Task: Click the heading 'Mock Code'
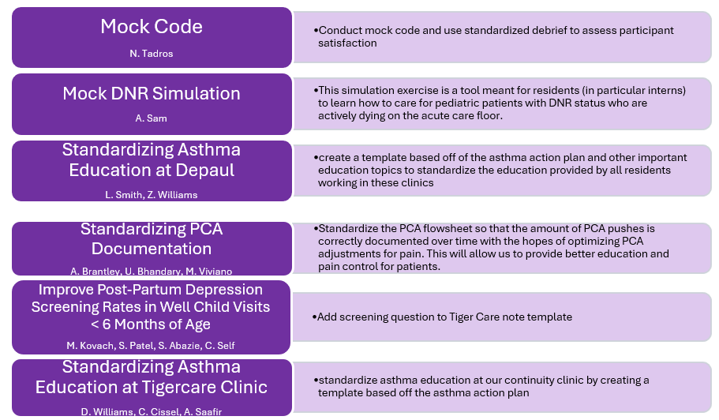(152, 27)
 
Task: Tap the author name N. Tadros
(152, 54)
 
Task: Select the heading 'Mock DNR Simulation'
(152, 94)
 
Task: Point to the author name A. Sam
(152, 118)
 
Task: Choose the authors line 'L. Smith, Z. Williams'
(152, 194)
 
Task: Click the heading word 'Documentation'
(152, 249)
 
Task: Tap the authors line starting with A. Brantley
(152, 272)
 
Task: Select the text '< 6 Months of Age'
(152, 324)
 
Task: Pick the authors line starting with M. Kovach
(152, 346)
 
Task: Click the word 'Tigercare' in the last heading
(198, 388)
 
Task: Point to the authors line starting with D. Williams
(152, 411)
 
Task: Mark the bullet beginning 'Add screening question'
(444, 317)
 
